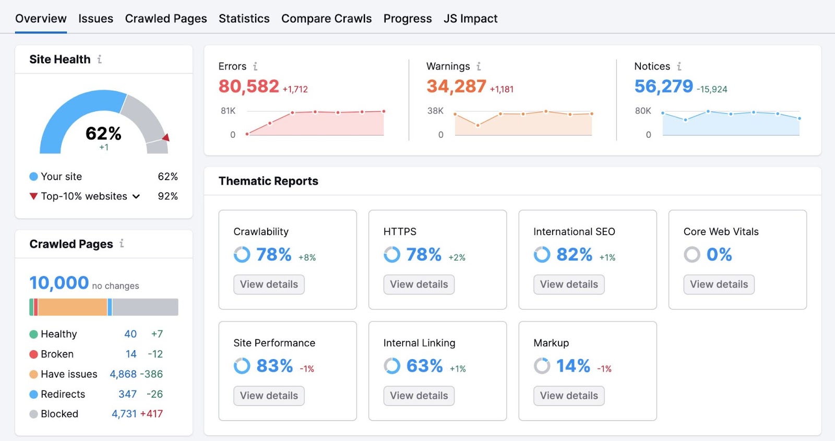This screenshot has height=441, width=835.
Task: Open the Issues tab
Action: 96,19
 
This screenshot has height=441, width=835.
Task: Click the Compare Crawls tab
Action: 326,19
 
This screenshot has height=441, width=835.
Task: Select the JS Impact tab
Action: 470,19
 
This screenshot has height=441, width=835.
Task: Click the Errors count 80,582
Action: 248,87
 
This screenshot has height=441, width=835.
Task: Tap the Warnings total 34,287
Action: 456,87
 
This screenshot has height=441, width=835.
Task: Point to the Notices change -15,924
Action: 712,89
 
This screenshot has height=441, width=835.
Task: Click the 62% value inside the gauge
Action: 103,134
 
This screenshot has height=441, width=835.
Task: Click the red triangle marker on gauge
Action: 166,138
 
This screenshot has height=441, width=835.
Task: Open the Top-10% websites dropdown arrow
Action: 136,197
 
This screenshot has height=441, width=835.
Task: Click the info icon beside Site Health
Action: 99,59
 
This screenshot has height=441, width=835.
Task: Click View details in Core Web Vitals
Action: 719,284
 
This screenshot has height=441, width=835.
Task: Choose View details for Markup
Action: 569,396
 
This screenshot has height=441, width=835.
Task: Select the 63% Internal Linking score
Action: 424,366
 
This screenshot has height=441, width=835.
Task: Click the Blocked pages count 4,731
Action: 124,414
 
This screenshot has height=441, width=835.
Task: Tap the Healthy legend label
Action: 58,334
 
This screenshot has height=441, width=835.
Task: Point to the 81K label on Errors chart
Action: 228,111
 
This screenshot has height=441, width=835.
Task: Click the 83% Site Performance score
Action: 275,366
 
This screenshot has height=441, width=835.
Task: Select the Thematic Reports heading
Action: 268,181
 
